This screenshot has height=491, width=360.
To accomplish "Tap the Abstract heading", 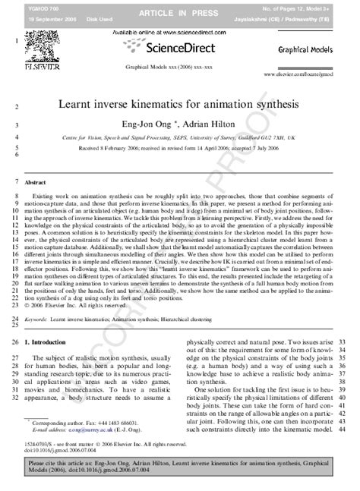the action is (36, 184).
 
